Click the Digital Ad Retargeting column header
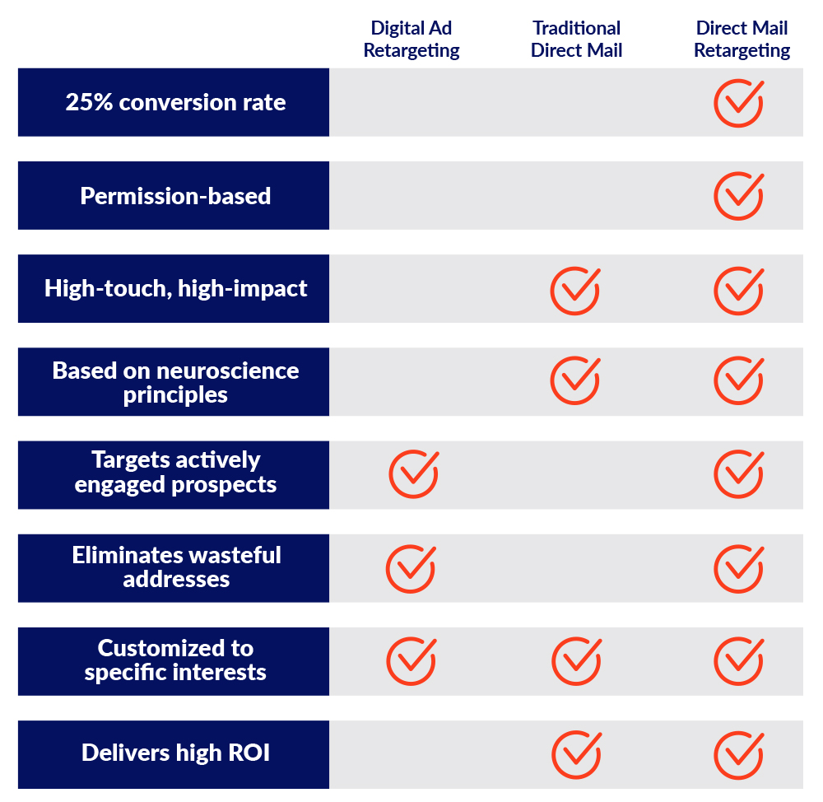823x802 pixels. pyautogui.click(x=411, y=40)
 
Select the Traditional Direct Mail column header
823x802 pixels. pyautogui.click(x=576, y=40)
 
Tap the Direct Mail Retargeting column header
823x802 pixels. pyautogui.click(x=742, y=40)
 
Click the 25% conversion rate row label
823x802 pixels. pyautogui.click(x=175, y=103)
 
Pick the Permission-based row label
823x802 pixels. pyautogui.click(x=175, y=196)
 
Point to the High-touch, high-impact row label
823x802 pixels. pyautogui.click(x=175, y=289)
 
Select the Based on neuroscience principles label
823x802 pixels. pyautogui.click(x=175, y=382)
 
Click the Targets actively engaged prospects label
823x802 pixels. pyautogui.click(x=175, y=472)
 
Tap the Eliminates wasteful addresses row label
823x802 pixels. pyautogui.click(x=175, y=567)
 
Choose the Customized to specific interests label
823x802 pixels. pyautogui.click(x=175, y=660)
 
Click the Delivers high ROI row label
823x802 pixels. pyautogui.click(x=175, y=753)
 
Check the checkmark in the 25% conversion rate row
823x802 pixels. pyautogui.click(x=738, y=103)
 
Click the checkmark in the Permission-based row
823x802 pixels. pyautogui.click(x=738, y=196)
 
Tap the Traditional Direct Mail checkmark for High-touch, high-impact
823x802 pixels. pyautogui.click(x=574, y=290)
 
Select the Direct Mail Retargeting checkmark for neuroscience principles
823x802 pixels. pyautogui.click(x=738, y=380)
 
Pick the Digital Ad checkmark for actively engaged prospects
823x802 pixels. pyautogui.click(x=413, y=474)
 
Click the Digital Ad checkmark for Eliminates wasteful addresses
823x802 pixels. pyautogui.click(x=411, y=568)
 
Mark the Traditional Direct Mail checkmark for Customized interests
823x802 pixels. pyautogui.click(x=575, y=661)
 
